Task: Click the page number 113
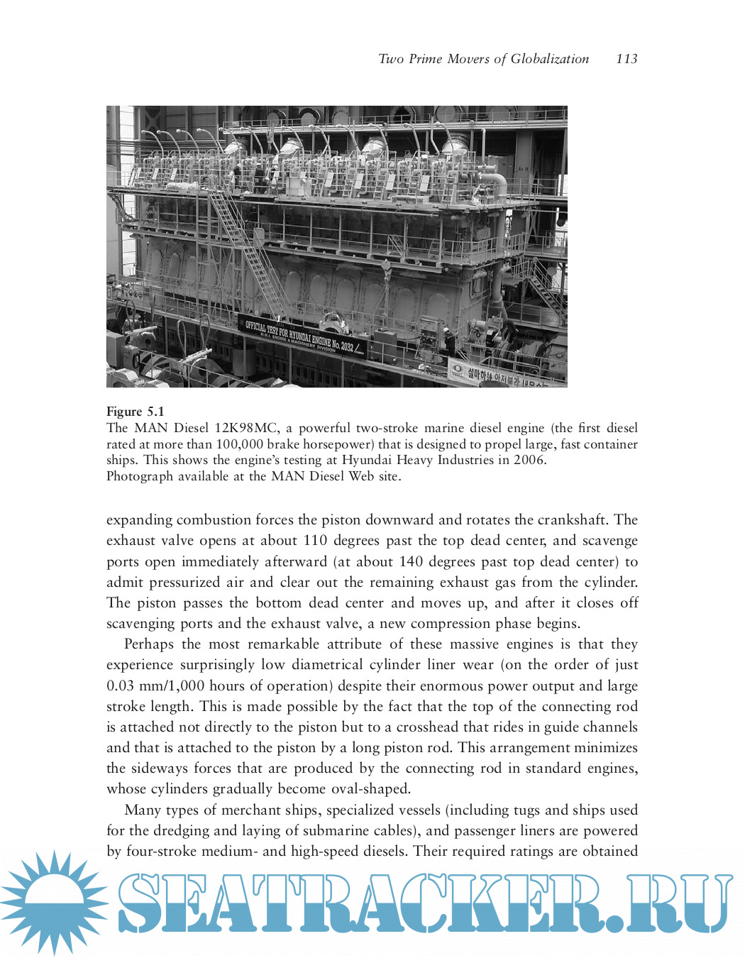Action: click(627, 59)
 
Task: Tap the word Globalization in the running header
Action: click(550, 59)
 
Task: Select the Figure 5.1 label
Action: click(135, 412)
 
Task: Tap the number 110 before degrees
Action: click(315, 540)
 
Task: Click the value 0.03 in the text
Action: click(120, 686)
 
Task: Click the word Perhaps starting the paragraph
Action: click(149, 644)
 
